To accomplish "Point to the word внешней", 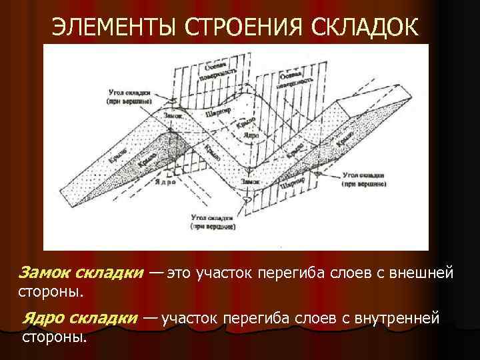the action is (423, 272).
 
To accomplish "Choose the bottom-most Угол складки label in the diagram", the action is (211, 222).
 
